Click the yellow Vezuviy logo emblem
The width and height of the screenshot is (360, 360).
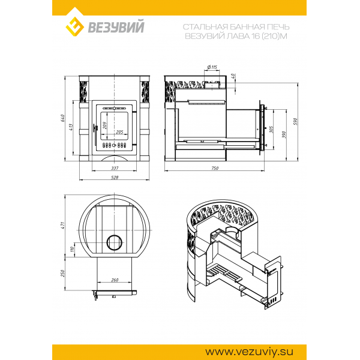pos(74,26)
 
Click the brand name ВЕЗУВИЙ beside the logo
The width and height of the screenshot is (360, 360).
pos(116,26)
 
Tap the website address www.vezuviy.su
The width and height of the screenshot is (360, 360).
pos(249,352)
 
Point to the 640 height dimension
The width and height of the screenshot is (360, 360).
pos(63,118)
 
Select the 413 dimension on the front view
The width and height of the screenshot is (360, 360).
pos(71,127)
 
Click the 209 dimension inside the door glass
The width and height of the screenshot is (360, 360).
pos(104,125)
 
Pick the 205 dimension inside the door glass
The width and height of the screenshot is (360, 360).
pos(119,132)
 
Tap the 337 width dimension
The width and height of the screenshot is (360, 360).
pos(115,168)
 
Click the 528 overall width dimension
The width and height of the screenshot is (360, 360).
pos(115,178)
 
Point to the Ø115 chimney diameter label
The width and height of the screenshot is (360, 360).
pos(212,67)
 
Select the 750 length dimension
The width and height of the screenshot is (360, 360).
pos(215,168)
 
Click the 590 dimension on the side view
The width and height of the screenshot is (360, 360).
pos(295,121)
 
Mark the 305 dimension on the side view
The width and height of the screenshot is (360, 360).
pos(272,130)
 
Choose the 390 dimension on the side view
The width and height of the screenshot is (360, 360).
pos(284,135)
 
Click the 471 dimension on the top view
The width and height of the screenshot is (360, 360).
pos(63,225)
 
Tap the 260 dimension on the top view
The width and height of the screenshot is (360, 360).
pos(115,280)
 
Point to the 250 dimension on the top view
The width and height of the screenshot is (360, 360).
pos(63,273)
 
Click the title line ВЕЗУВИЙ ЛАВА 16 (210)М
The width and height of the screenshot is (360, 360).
pos(236,36)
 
